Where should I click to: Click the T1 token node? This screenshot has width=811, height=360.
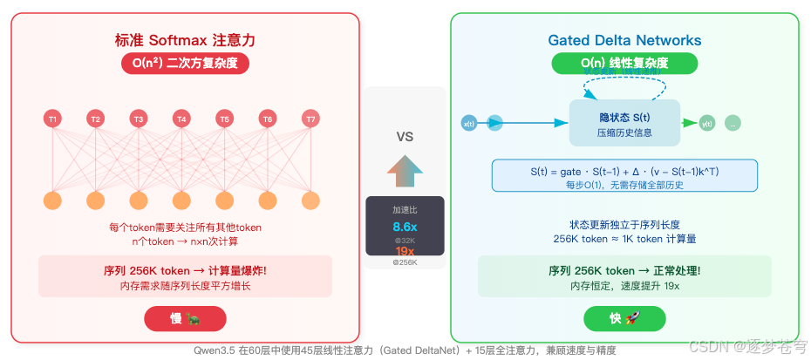(x=53, y=119)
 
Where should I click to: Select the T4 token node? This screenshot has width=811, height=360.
(x=181, y=119)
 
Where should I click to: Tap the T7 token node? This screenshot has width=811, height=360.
(x=310, y=119)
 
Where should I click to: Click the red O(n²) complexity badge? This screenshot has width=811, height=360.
(x=186, y=64)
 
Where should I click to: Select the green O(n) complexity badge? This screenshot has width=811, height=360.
(x=624, y=64)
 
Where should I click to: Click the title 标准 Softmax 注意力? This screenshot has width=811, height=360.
(x=186, y=40)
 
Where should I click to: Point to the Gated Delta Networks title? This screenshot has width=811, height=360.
(x=624, y=40)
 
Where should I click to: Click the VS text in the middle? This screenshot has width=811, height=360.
(x=405, y=137)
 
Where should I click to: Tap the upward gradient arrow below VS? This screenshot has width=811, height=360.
(x=405, y=170)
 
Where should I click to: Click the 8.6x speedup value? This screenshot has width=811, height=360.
(x=405, y=227)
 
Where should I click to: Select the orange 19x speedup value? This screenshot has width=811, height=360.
(x=405, y=251)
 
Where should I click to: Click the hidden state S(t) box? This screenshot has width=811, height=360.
(x=624, y=123)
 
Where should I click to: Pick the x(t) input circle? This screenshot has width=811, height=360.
(x=468, y=123)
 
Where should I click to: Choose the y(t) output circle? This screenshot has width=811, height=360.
(x=707, y=123)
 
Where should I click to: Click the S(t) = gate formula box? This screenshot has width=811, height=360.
(x=624, y=175)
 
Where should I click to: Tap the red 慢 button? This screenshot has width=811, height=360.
(x=185, y=319)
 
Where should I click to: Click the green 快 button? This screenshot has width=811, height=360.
(x=624, y=319)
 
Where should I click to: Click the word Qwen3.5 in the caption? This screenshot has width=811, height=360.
(x=216, y=350)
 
